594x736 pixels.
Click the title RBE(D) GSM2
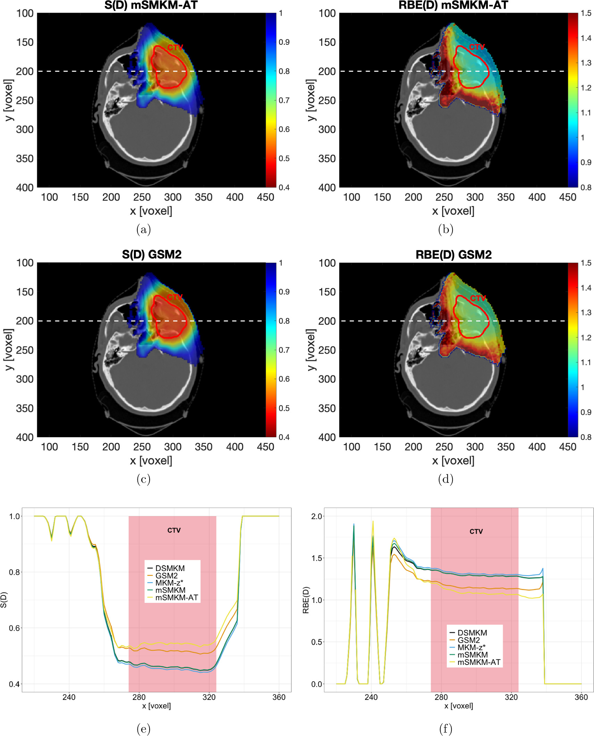coord(453,255)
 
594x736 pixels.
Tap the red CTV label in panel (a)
coord(175,47)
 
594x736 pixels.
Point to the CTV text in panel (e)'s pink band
coord(174,530)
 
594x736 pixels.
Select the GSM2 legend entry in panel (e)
coord(166,575)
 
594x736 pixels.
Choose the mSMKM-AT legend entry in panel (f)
coord(478,662)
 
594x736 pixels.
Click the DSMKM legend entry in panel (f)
coord(472,633)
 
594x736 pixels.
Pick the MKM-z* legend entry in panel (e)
coord(169,583)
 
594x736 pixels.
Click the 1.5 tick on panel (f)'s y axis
coord(317,558)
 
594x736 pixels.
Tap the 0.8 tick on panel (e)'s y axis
coord(15,572)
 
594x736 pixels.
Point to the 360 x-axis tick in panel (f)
coord(581,697)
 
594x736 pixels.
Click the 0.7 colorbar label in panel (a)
coord(284,100)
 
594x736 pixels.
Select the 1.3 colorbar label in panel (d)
coord(586,313)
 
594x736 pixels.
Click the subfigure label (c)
coord(143,479)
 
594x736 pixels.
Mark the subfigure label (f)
coord(445,729)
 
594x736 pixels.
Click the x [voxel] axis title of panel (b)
coord(453,211)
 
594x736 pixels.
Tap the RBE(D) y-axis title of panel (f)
coord(306,600)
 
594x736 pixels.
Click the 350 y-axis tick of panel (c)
coord(25,408)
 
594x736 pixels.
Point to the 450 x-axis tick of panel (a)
coord(265,197)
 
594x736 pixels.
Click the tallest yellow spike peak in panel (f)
coord(373,521)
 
